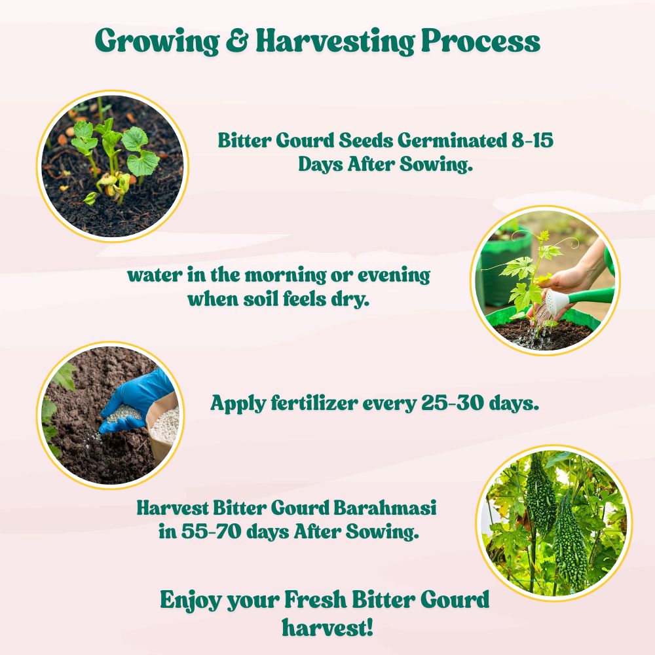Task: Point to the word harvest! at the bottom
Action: pos(327,627)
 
